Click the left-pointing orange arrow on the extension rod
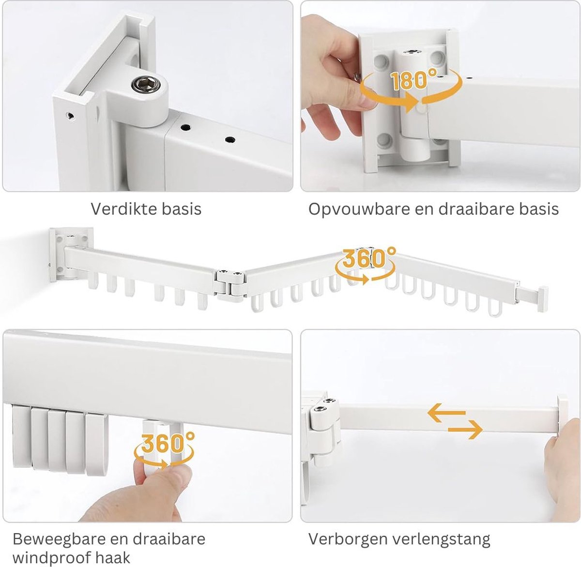coord(446,413)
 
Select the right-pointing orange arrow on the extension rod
coord(465,430)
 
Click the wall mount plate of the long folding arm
coord(71,254)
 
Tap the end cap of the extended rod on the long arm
coord(543,299)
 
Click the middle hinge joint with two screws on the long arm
coord(230,284)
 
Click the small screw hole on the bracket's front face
coord(71,116)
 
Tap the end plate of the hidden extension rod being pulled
coord(562,418)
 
